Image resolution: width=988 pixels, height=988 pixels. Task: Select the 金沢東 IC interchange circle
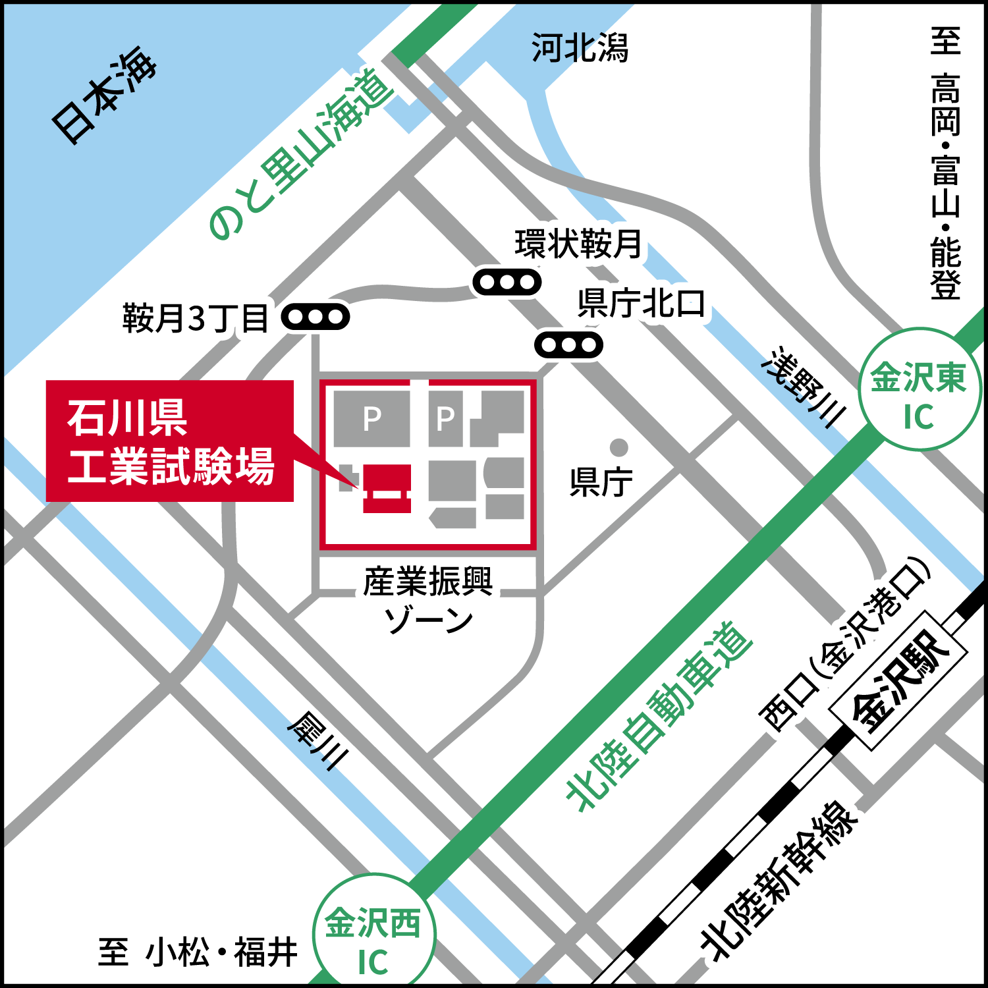click(919, 390)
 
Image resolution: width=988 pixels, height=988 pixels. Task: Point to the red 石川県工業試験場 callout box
click(170, 441)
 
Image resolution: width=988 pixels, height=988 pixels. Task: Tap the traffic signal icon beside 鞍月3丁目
click(316, 317)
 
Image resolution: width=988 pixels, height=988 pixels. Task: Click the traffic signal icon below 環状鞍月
click(507, 283)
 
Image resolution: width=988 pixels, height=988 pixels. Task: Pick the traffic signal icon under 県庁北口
click(568, 344)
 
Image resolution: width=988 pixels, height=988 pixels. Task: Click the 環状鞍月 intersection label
click(578, 244)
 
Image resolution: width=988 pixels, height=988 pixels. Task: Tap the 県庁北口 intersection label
click(640, 303)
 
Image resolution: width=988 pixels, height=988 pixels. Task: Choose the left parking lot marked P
click(371, 418)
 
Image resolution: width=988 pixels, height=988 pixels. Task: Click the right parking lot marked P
click(445, 418)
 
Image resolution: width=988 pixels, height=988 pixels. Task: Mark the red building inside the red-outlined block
click(387, 488)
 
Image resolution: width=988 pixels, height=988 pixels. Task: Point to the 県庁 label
click(601, 481)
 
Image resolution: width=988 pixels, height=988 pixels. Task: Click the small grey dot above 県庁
click(618, 447)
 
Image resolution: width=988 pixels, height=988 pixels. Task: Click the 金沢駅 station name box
click(900, 680)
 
